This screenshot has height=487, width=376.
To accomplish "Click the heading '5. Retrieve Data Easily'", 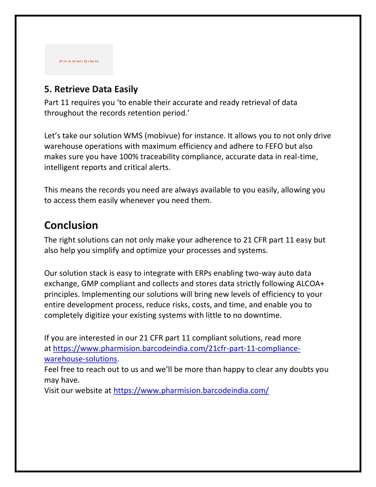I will pyautogui.click(x=91, y=89).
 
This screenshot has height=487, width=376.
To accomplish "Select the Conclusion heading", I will pyautogui.click(x=71, y=225).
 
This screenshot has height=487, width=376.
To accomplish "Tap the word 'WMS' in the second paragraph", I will pyautogui.click(x=133, y=136).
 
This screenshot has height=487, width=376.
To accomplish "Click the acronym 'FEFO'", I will pyautogui.click(x=274, y=146).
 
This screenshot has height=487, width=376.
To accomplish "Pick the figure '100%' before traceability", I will pyautogui.click(x=129, y=157).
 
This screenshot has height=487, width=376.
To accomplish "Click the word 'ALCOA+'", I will pyautogui.click(x=310, y=284).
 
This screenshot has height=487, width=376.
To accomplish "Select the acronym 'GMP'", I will pyautogui.click(x=90, y=284).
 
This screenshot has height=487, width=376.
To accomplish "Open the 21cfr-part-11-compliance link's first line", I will pyautogui.click(x=177, y=348).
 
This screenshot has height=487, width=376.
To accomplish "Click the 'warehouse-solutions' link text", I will pyautogui.click(x=80, y=359).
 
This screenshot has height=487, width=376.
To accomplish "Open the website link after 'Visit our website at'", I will pyautogui.click(x=191, y=391).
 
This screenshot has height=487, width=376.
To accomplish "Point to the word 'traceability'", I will pyautogui.click(x=160, y=157).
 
